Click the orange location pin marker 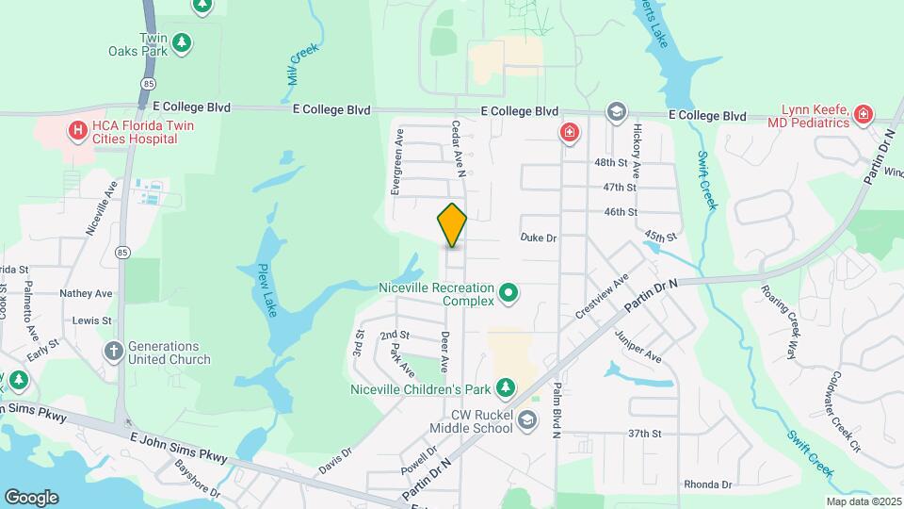coord(452,225)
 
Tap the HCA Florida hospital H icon coord(78,129)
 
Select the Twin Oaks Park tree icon coord(182,43)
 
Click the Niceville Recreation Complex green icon coord(509,293)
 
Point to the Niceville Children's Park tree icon coord(506,388)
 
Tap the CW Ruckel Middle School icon coord(526,419)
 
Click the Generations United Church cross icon coord(113,352)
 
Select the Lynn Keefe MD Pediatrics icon coord(864,116)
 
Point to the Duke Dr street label coord(539,238)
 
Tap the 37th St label coord(645,434)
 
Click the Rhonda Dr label coord(707,484)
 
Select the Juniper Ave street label coord(638,347)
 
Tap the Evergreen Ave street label coord(398,161)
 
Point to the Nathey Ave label coord(86,293)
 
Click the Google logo coord(31,497)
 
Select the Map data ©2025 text coord(863,501)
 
